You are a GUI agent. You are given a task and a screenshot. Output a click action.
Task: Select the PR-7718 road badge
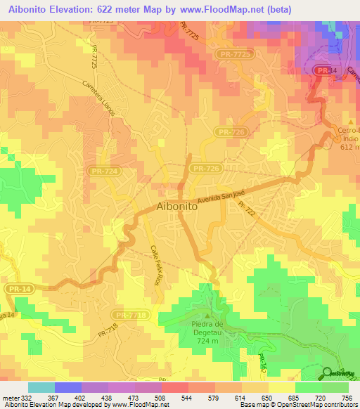pyautogui.click(x=131, y=316)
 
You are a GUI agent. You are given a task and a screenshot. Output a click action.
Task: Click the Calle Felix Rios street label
pyautogui.click(x=155, y=265)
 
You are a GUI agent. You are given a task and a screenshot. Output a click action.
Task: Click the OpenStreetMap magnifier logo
pyautogui.click(x=328, y=374)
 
